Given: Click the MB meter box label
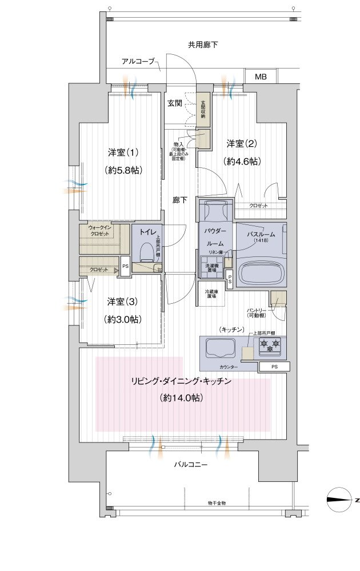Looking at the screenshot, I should click(x=261, y=77).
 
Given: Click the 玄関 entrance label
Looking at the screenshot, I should click(x=174, y=103).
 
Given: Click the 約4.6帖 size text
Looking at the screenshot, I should click(x=243, y=162).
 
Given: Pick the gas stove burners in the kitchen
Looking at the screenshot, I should click(x=270, y=344).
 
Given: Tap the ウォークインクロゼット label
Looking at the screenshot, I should click(x=101, y=231).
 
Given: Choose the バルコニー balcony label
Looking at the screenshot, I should click(x=191, y=465).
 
